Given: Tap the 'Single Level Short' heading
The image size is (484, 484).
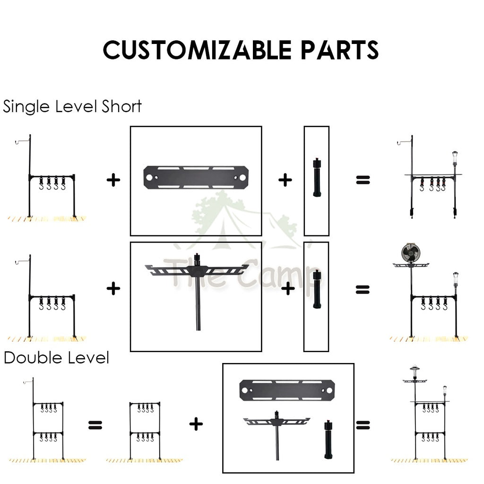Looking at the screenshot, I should pos(72,106).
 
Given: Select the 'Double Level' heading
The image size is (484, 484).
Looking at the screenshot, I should pos(56,358).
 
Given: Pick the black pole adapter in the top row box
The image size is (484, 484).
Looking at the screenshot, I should pos(316,179).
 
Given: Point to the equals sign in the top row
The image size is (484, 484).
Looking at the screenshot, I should pos(363,180).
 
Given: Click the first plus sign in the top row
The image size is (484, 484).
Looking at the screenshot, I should pos(113,180).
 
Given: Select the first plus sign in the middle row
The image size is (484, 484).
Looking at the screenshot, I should pos(113,288).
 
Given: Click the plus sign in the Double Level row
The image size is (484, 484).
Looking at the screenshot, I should pos(196,424).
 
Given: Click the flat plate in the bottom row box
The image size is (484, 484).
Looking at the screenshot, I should pos(288,390).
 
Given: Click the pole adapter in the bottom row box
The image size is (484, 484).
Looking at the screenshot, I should pos(328,438).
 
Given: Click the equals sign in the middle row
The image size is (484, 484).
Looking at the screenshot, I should pos(363,289).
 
